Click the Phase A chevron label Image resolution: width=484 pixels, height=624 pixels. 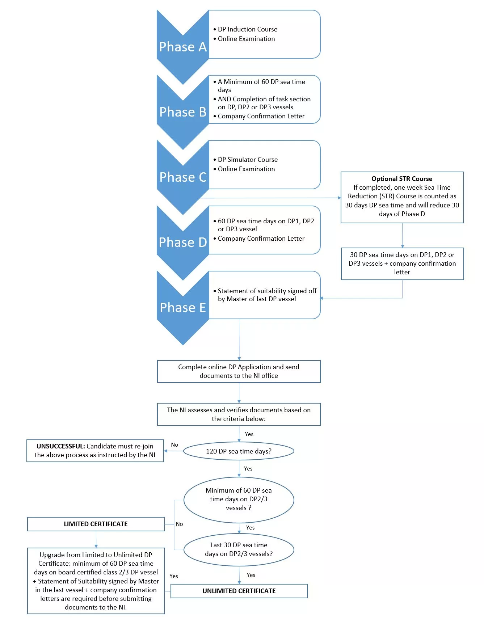coord(183,47)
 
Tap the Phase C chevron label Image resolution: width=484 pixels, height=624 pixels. coord(183,177)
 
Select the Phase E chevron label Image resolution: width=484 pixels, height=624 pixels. coord(183,308)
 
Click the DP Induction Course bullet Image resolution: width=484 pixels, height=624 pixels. coord(245,29)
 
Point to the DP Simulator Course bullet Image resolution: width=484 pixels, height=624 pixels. coord(245,160)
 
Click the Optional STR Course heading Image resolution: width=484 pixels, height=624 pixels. coord(402,179)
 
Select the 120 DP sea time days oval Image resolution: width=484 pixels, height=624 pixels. coord(239,451)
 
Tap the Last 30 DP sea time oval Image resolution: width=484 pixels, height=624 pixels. coord(239,549)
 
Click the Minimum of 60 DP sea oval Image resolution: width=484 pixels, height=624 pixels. coord(239,499)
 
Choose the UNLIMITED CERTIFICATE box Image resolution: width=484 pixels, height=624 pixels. coord(239,591)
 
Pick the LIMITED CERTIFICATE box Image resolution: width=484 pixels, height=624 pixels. coord(96,524)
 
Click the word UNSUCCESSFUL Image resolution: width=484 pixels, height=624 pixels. coord(61,446)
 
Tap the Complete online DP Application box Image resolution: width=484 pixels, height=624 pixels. coord(239,371)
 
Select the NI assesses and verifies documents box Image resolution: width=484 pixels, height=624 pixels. coord(239,414)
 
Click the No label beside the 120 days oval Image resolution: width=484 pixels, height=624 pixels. coord(174,445)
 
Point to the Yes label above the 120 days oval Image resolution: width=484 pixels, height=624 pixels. coord(249,434)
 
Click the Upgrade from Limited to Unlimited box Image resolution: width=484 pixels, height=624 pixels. coord(96,581)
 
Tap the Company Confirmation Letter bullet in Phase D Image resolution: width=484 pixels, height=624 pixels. coord(259,239)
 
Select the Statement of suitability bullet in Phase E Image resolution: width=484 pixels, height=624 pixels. coord(265,295)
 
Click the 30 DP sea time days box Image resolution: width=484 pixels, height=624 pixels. coord(402,264)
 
